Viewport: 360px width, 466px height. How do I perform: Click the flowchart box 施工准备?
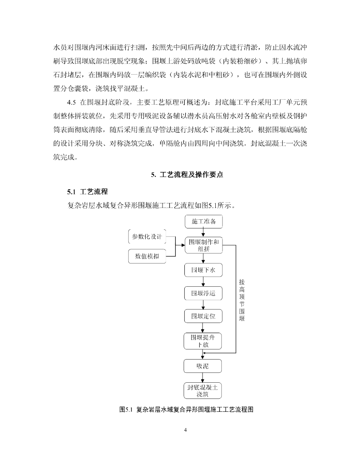pos(203,222)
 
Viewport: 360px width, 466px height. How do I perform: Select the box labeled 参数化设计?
pos(146,236)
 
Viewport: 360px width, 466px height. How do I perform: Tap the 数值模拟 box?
pos(146,256)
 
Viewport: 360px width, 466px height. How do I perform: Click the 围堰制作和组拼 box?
pos(203,245)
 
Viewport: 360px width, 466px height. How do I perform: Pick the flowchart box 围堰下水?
pos(203,270)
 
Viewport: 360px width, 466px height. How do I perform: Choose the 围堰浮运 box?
pos(203,293)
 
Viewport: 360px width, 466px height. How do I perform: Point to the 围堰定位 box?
pos(203,316)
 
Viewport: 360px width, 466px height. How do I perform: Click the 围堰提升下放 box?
pos(203,341)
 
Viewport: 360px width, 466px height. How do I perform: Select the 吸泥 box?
pos(203,366)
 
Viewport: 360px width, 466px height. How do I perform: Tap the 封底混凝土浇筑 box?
pos(203,390)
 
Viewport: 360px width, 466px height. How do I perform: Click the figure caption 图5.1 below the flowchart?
pos(186,410)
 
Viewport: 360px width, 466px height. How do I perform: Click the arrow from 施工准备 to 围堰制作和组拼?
pos(203,233)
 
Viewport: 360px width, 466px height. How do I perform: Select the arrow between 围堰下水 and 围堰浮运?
pos(203,282)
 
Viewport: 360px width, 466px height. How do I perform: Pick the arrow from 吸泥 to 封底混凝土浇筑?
pos(203,377)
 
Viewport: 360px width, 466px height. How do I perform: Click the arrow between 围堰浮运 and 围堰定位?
pos(203,304)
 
